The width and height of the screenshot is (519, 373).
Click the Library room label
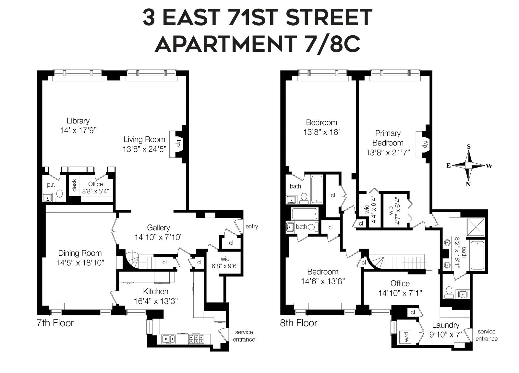78,121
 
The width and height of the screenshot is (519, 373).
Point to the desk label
74,185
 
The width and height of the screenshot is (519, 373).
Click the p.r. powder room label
51,185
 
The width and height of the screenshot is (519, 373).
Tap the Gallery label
158,227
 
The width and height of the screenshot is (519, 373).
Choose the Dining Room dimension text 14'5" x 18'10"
80,262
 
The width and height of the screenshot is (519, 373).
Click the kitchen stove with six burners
196,339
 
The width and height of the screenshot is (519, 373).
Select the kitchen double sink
168,339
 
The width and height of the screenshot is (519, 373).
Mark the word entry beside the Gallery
252,226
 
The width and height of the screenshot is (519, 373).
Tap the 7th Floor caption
55,323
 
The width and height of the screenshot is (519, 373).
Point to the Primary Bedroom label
388,138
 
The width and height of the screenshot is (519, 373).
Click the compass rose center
468,166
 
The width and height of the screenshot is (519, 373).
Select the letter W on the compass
489,166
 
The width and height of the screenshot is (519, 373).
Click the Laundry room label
445,325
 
